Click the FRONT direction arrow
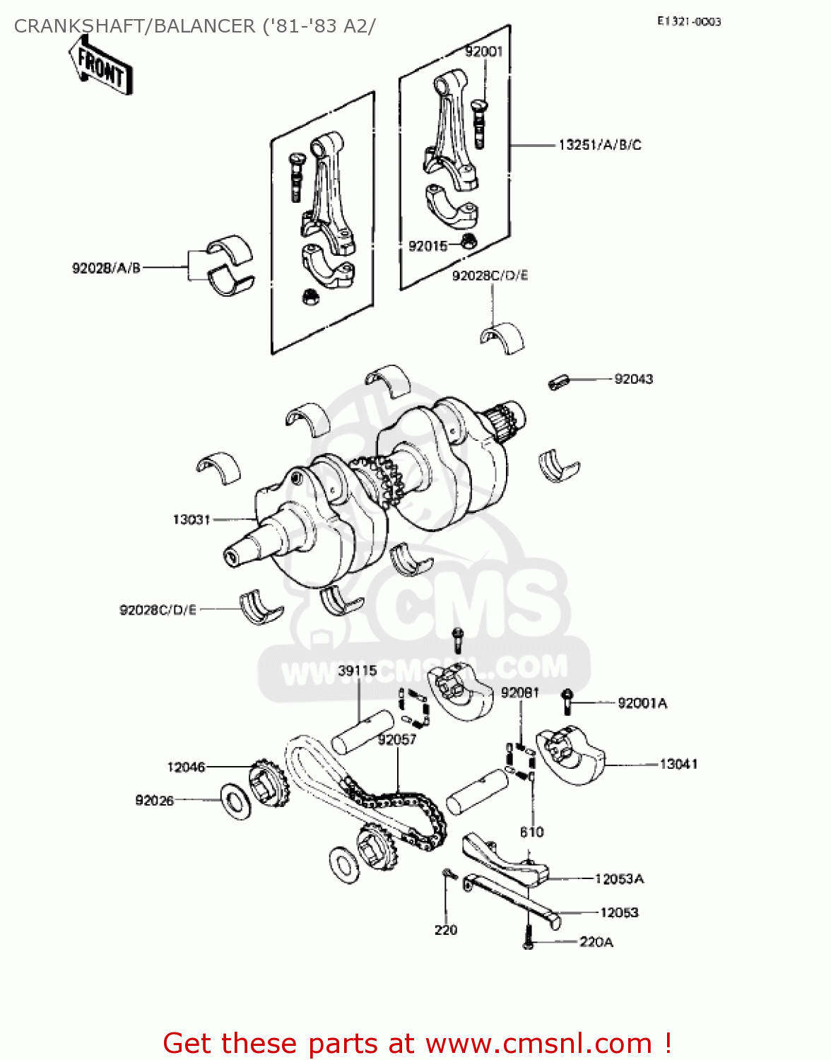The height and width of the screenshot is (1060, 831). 101,65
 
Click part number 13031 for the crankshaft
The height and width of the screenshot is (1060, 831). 191,519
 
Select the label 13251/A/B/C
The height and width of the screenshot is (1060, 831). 600,145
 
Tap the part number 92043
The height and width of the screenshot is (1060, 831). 633,379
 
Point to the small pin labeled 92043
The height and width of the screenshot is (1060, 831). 558,382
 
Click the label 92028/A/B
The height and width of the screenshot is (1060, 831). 106,268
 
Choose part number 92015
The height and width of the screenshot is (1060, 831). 428,246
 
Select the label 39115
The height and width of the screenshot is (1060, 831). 358,670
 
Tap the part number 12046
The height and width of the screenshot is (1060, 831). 186,767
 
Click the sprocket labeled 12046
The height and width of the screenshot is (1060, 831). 268,785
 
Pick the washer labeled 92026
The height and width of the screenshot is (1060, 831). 235,801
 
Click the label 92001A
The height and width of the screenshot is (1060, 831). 642,702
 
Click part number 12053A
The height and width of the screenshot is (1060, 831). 619,878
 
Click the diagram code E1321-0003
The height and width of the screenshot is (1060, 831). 688,22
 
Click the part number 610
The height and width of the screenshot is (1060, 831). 531,832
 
